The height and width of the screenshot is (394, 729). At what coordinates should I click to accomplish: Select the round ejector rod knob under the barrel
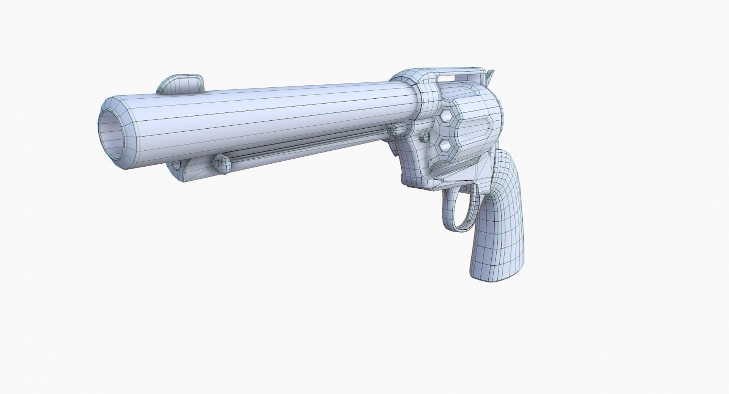[222, 164]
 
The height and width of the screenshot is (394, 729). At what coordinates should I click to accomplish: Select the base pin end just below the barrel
[393, 130]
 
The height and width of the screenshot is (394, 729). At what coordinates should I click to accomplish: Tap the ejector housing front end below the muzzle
[178, 167]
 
